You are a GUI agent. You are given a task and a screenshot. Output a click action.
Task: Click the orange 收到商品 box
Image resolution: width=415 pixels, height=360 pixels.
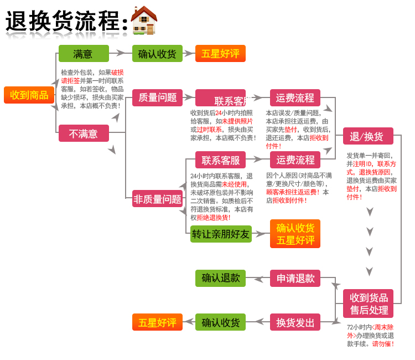[x=29, y=95]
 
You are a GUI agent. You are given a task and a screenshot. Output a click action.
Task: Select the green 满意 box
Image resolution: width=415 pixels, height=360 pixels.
[x=84, y=54]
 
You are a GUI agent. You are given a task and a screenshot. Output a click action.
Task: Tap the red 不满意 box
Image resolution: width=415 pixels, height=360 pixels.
[x=84, y=133]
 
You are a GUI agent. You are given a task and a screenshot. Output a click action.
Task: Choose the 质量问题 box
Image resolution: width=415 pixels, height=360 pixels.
[x=157, y=97]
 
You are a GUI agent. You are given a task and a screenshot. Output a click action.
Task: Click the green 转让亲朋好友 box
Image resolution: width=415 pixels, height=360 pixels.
[x=221, y=234]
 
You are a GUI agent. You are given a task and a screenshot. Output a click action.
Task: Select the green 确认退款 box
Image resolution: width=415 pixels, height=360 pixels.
[x=221, y=278]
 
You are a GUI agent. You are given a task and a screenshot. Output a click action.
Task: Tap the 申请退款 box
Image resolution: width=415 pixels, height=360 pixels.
[x=295, y=278]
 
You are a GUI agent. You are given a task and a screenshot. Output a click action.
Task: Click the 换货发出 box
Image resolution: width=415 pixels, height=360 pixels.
[x=295, y=322]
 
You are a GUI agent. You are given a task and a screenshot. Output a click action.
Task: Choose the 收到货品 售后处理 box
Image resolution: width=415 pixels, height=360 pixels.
[x=369, y=304]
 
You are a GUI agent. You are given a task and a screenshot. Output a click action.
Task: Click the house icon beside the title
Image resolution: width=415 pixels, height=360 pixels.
[x=144, y=20]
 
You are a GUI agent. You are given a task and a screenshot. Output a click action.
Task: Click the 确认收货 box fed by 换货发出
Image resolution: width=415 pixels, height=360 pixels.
[x=221, y=322]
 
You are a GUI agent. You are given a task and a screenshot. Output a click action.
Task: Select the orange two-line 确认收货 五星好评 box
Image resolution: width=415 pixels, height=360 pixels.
[x=295, y=234]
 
